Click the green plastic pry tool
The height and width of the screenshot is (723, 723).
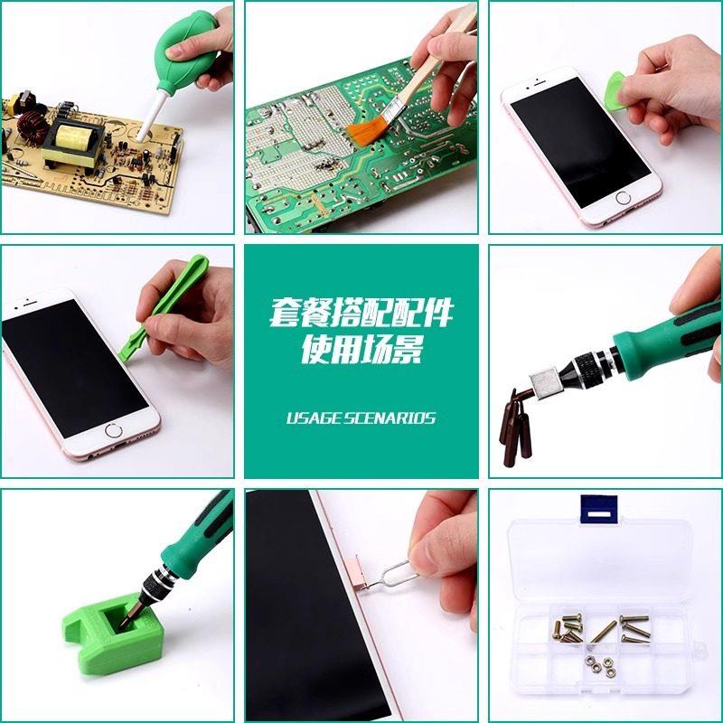162,305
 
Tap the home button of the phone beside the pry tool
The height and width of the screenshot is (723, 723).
114,431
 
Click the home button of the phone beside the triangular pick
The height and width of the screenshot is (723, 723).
623,198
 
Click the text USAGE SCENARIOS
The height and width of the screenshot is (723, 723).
361,418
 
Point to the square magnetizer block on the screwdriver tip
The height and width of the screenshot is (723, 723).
545,382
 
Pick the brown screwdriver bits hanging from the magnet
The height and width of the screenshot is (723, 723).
515,427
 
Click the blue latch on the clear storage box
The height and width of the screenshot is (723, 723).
598,510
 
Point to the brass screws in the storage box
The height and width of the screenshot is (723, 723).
601,628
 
